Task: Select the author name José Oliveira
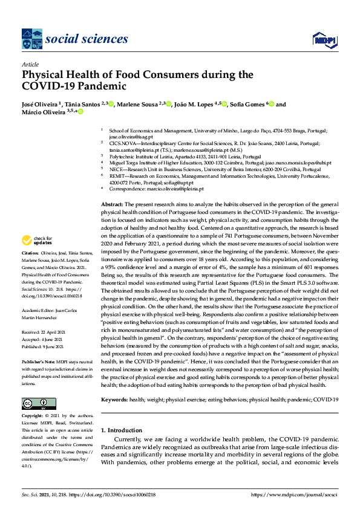(x=41, y=105)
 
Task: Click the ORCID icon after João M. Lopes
(x=224, y=105)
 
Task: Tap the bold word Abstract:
(x=113, y=206)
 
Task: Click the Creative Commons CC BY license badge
(x=35, y=403)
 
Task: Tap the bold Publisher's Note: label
(x=39, y=360)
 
